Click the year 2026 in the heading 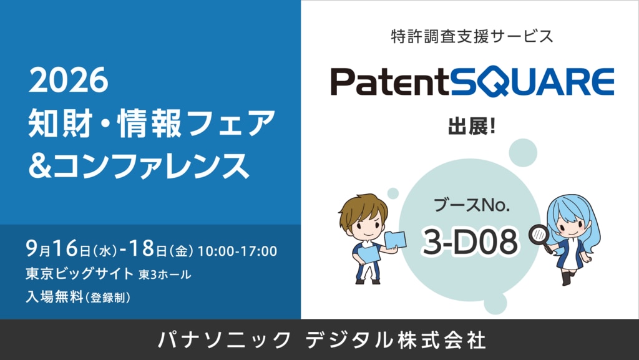[69, 80]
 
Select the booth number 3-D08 [471, 241]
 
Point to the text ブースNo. [472, 205]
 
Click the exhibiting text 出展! [472, 126]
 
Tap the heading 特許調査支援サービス [472, 36]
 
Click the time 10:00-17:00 [237, 251]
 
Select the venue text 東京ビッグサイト [79, 274]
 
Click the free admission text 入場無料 [54, 297]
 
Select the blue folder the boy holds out [395, 240]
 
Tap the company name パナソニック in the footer [224, 340]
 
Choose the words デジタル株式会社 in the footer [396, 340]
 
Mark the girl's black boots [568, 278]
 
